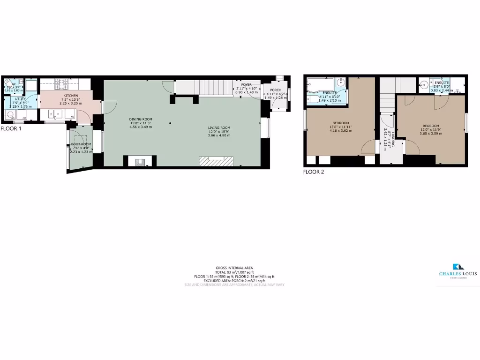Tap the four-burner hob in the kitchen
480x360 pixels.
61,84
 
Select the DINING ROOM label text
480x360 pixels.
141,119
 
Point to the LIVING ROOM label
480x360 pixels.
219,127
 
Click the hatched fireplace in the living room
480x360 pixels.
216,161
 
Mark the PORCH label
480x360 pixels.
275,90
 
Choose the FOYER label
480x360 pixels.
247,85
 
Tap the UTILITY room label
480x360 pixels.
21,99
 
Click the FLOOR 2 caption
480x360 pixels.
314,172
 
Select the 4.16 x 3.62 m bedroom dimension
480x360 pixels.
341,130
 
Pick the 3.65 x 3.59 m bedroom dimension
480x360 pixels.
430,134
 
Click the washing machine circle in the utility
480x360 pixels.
10,114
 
